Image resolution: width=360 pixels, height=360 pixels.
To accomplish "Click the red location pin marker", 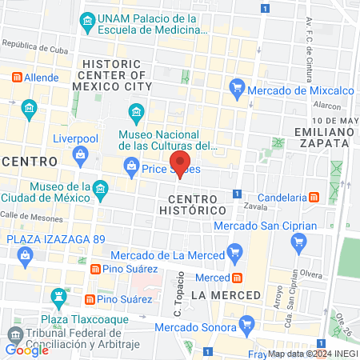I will click(179, 165).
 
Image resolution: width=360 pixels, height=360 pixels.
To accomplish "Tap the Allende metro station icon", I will click(16, 78).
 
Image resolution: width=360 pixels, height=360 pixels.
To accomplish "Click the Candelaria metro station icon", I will click(314, 197).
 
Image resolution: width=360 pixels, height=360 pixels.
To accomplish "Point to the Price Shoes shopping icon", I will click(130, 168).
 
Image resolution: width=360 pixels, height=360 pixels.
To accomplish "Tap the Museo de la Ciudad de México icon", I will click(100, 190).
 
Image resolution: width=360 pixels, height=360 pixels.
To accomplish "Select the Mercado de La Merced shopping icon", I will click(234, 255).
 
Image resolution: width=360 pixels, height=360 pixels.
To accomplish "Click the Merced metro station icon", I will click(237, 278).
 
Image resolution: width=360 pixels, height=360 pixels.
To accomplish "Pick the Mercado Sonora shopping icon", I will click(248, 325).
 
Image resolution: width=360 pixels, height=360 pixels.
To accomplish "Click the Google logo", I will click(26, 350).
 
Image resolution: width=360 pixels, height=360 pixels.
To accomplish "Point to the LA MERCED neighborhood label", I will click(226, 295).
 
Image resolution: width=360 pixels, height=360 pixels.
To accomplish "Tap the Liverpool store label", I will click(74, 138).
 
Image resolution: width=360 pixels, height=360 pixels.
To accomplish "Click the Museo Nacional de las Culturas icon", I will click(135, 110).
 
